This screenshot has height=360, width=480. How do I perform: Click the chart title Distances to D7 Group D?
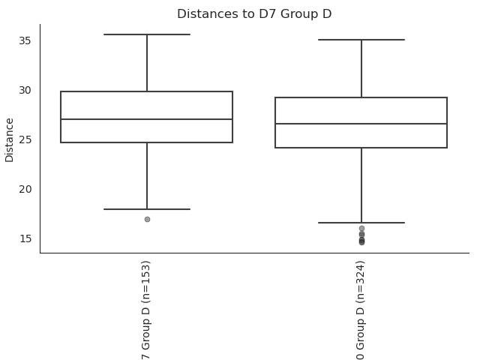click(254, 14)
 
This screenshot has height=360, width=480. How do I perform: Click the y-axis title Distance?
click(9, 140)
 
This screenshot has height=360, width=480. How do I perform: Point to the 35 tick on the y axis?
click(25, 40)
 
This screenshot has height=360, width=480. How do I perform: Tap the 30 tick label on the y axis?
click(25, 90)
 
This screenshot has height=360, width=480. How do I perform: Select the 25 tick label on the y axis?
click(25, 139)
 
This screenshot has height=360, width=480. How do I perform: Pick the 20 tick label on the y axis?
click(25, 189)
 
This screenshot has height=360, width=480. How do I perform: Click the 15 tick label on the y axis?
click(25, 238)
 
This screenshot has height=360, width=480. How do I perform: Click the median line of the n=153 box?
click(147, 119)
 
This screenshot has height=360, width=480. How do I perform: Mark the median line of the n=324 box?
click(361, 124)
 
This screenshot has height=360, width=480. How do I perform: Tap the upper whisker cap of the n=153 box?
click(147, 34)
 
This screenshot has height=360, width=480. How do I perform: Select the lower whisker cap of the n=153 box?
click(147, 209)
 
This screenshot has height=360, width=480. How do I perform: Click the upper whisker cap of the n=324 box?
click(361, 40)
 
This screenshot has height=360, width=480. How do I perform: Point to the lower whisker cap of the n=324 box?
click(361, 223)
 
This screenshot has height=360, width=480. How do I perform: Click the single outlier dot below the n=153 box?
click(147, 219)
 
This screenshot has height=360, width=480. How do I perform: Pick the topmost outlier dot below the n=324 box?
click(361, 228)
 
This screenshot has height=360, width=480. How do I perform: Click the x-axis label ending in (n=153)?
click(146, 310)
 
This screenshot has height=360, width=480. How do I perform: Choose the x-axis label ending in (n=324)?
click(361, 310)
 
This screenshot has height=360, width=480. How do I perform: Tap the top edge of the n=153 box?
click(147, 91)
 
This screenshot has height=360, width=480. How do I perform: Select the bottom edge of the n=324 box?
click(361, 148)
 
